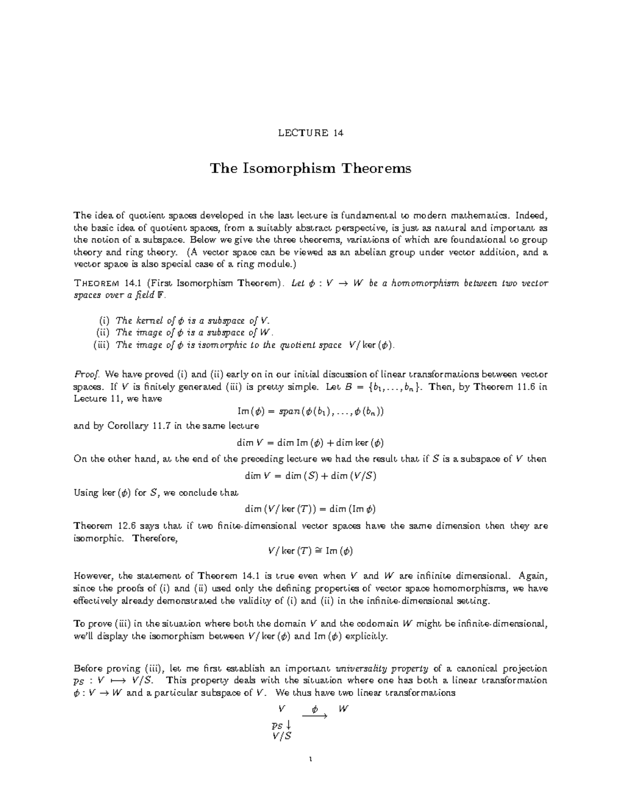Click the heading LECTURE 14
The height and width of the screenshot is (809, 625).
coord(310,133)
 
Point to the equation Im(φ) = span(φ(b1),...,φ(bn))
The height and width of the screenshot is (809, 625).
coord(310,411)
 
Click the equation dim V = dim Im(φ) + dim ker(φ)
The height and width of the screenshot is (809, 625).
coord(310,443)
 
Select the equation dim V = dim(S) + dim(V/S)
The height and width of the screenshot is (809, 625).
coord(310,476)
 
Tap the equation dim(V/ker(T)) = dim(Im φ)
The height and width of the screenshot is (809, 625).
coord(310,509)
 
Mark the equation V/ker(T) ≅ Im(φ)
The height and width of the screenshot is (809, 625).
coord(310,551)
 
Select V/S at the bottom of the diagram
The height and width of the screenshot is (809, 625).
coord(282,736)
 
